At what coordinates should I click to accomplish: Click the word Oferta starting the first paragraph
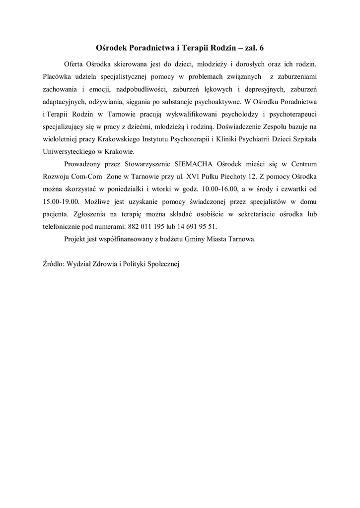coord(74,64)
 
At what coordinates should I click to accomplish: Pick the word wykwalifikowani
coord(188,114)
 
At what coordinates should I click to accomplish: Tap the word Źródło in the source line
coord(51,264)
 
